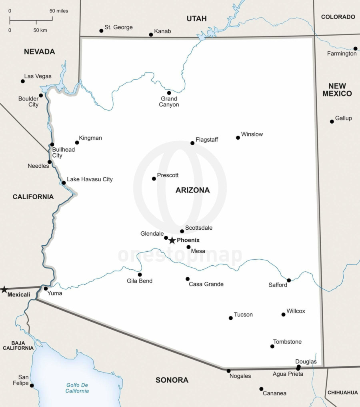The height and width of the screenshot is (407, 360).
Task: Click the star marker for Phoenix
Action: (172, 241)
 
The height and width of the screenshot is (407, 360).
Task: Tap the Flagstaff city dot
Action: (192, 143)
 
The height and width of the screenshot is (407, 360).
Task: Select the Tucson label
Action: (243, 315)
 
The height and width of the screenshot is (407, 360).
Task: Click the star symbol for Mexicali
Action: (4, 289)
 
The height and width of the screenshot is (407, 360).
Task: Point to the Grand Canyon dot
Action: (169, 93)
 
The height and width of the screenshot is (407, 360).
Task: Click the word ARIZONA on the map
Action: (192, 190)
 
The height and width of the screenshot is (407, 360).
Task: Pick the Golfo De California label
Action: (78, 388)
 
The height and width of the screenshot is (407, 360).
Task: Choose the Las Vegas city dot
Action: (23, 81)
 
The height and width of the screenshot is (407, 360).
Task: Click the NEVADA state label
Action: (39, 52)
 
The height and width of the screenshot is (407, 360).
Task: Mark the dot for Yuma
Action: (46, 289)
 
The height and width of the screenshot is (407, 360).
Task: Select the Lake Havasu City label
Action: (90, 179)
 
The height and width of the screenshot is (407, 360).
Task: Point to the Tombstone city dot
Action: (272, 346)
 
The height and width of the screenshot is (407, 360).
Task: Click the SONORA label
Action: (172, 380)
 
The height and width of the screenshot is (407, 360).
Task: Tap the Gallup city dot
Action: (332, 121)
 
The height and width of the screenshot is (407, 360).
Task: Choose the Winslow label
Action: (252, 134)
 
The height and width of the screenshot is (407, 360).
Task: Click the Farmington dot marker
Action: (355, 48)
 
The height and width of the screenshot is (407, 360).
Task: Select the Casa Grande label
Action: (206, 284)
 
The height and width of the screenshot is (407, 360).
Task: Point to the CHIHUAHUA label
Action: (342, 393)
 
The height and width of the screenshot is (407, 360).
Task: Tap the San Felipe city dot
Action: (32, 386)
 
